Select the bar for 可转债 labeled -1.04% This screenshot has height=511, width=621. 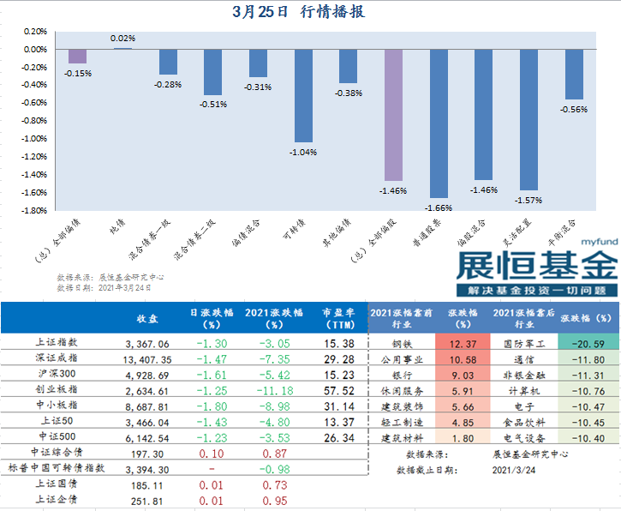tap(303, 94)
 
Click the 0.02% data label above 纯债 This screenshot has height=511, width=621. tap(122, 39)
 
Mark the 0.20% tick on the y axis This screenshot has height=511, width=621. tap(33, 31)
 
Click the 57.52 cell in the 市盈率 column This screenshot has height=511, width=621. tap(340, 390)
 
